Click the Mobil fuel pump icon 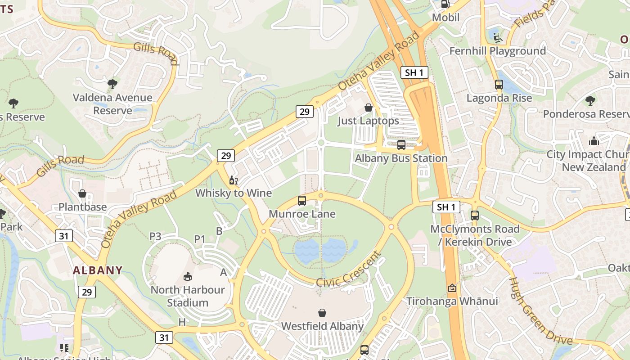click(445, 4)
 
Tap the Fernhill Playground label click(497, 51)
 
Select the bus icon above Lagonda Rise click(499, 84)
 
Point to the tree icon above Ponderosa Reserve click(590, 100)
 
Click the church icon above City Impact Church click(594, 141)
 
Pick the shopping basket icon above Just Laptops click(368, 108)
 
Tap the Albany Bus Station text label click(401, 158)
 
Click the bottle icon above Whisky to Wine click(233, 180)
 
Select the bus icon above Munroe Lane click(301, 201)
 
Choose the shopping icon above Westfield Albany click(322, 313)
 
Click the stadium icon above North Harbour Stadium click(187, 276)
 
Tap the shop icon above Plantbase click(82, 193)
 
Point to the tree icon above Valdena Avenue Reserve click(112, 84)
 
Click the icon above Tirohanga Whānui click(452, 288)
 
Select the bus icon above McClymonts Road click(475, 215)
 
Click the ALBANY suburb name click(98, 270)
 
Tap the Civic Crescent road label click(349, 270)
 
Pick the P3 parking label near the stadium click(155, 236)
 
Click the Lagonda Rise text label click(499, 98)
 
